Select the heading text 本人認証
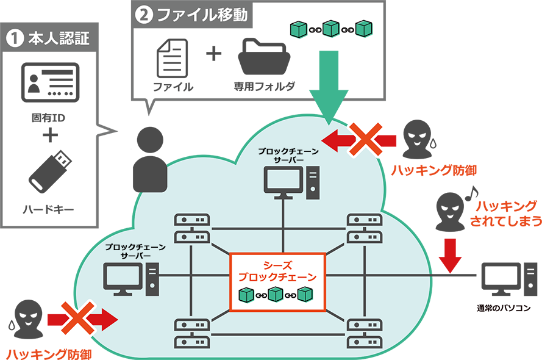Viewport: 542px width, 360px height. (x=59, y=40)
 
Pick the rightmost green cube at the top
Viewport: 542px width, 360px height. (x=363, y=29)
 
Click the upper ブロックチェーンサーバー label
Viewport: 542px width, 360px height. (x=284, y=154)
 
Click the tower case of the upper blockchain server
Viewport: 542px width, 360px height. (x=313, y=181)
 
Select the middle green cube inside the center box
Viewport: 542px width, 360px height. (x=277, y=295)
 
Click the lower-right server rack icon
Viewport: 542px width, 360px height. (x=364, y=333)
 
